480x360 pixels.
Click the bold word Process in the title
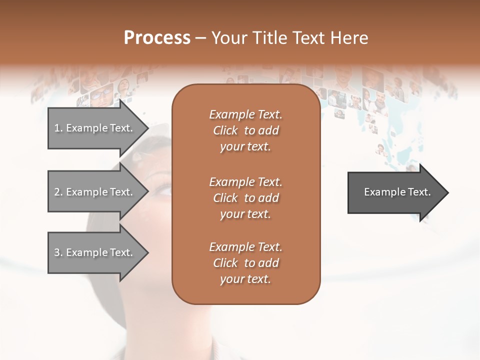tap(157, 38)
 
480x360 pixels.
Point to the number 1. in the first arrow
tap(58, 128)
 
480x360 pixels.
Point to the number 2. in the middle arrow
tap(58, 192)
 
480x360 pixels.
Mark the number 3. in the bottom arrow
tap(58, 252)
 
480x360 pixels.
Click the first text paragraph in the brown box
tap(245, 130)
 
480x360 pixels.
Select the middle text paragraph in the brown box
tap(245, 198)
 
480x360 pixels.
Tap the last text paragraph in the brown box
tap(245, 263)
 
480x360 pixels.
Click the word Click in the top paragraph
tap(225, 130)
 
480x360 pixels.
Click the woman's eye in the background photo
tap(163, 189)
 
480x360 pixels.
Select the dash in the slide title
tap(201, 38)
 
